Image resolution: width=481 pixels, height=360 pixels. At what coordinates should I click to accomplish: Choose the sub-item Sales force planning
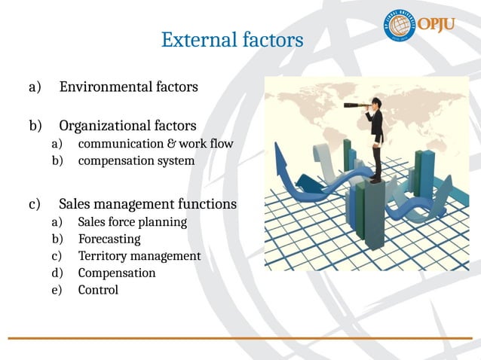[132, 222]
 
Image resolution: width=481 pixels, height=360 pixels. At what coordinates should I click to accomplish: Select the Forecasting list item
[109, 239]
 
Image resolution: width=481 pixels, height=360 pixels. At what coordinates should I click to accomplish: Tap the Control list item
[98, 290]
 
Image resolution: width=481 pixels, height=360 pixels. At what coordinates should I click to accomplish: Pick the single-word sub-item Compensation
[117, 273]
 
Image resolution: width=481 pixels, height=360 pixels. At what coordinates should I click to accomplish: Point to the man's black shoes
[375, 179]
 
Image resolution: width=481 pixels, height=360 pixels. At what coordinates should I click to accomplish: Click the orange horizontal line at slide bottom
[240, 338]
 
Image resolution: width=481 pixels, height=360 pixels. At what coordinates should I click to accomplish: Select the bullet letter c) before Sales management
[34, 204]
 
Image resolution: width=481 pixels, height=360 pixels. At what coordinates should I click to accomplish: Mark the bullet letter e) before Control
[56, 290]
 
